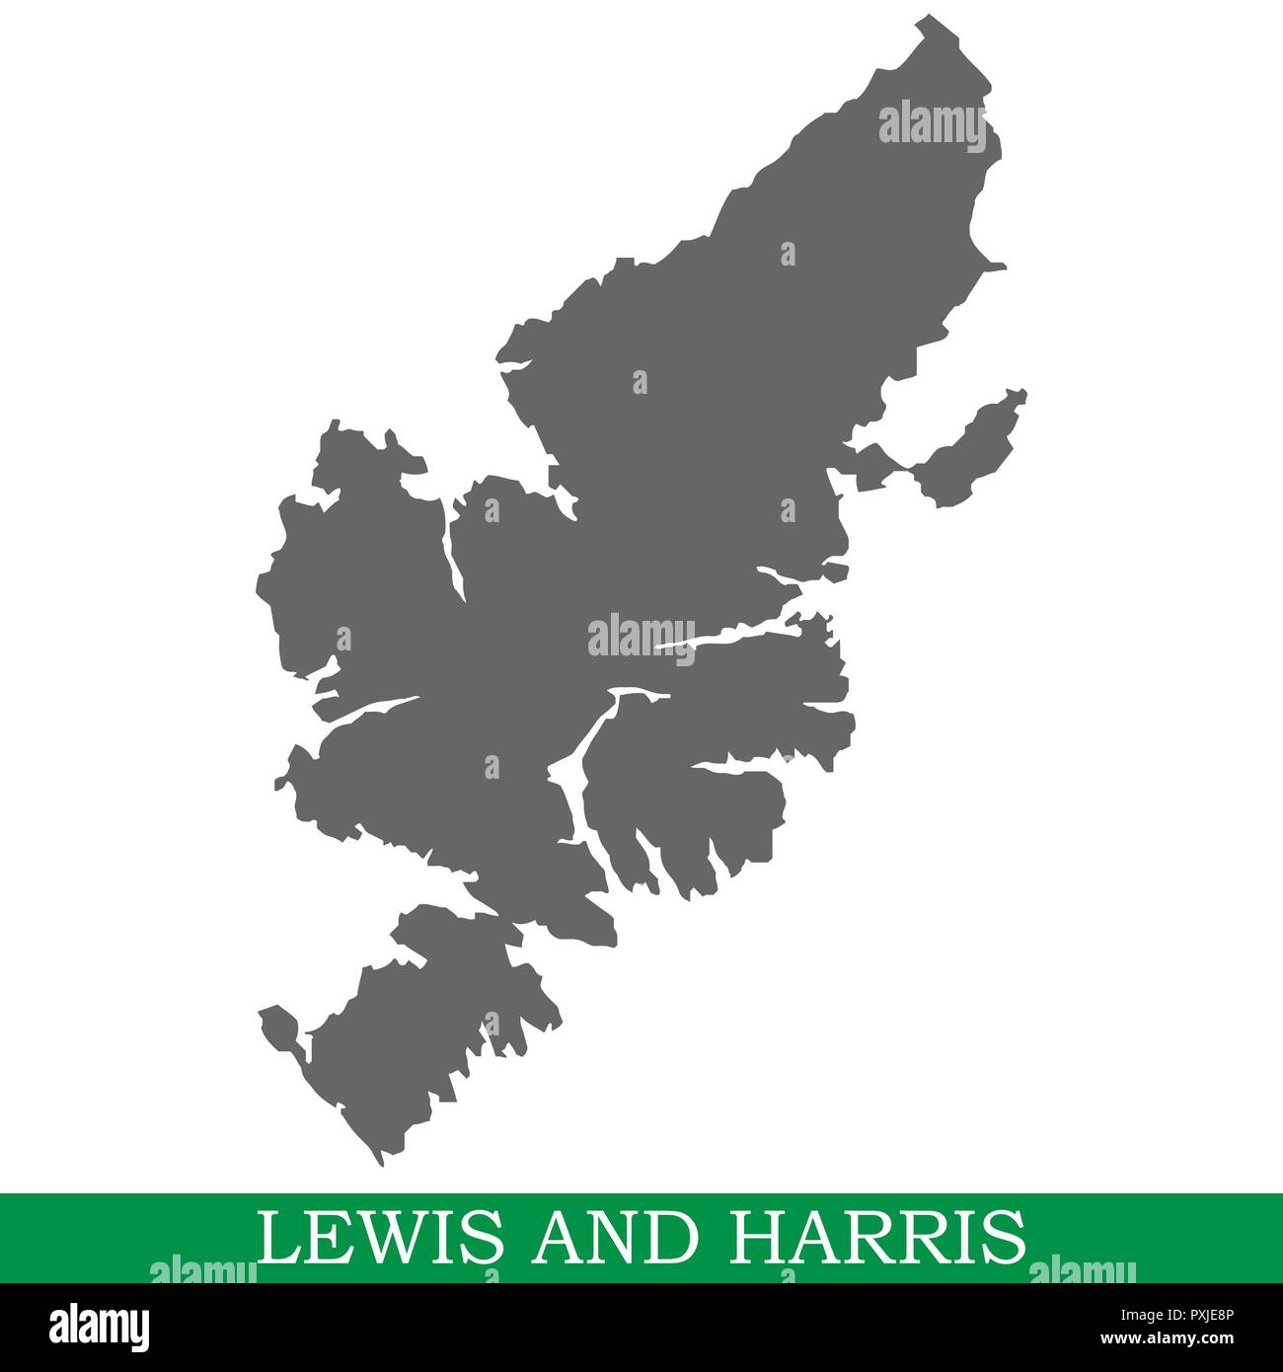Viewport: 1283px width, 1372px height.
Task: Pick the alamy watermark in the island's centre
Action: click(641, 635)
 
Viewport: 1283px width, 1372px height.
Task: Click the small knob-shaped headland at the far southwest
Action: click(277, 1027)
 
